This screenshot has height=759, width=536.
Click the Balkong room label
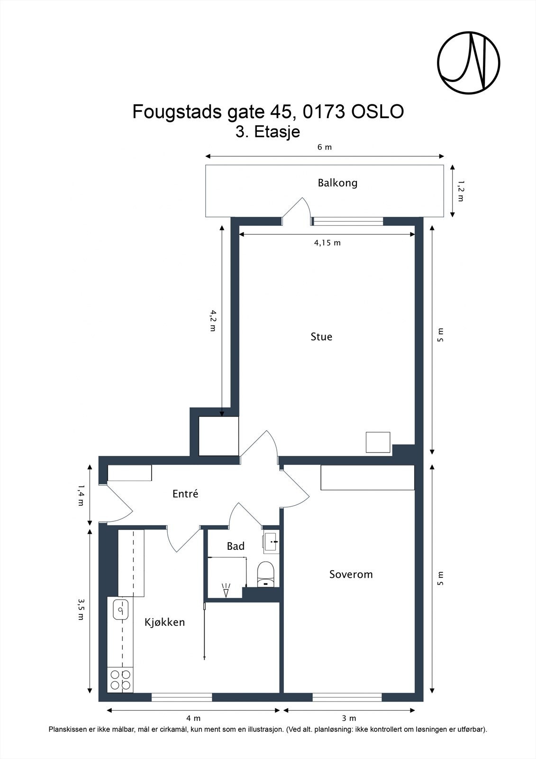click(x=337, y=183)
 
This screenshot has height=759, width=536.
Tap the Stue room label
click(x=321, y=337)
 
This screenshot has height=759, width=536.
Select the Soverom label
click(x=351, y=574)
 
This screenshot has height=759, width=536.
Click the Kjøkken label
click(x=164, y=622)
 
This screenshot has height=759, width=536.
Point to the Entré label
click(x=185, y=494)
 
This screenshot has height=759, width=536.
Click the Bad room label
click(x=236, y=546)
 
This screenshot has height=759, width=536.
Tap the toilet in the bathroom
click(x=265, y=574)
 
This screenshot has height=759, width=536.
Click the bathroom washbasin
click(x=271, y=541)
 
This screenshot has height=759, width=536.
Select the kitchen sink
click(x=121, y=609)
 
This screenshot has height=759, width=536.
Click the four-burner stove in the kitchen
click(x=120, y=679)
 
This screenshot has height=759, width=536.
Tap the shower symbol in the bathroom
click(x=227, y=590)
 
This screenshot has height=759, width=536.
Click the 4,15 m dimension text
click(x=327, y=243)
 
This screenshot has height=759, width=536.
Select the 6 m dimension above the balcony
click(x=325, y=147)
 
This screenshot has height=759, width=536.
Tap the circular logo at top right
click(x=468, y=63)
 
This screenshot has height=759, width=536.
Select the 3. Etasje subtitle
click(x=268, y=131)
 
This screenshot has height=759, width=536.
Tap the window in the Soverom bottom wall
click(x=347, y=697)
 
